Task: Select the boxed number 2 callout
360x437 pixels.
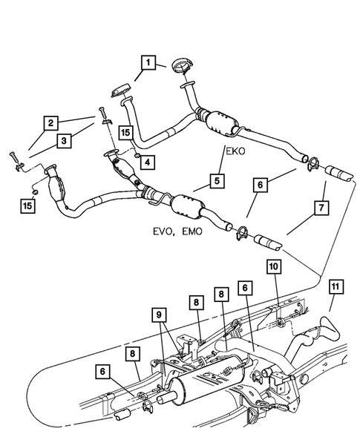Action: coord(50,122)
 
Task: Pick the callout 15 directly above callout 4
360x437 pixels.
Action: coord(125,133)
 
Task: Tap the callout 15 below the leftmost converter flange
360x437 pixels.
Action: coord(27,204)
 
